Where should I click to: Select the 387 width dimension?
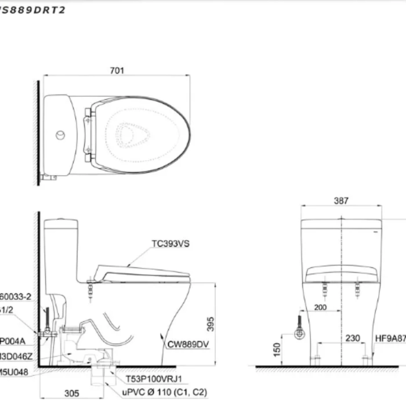[x=342, y=201]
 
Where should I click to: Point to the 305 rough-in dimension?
[x=71, y=393]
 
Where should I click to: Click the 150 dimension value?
[x=277, y=349]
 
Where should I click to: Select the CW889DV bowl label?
[x=188, y=343]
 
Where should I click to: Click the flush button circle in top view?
[x=60, y=135]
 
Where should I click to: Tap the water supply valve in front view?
[x=299, y=333]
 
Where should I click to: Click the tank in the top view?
[x=59, y=135]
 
